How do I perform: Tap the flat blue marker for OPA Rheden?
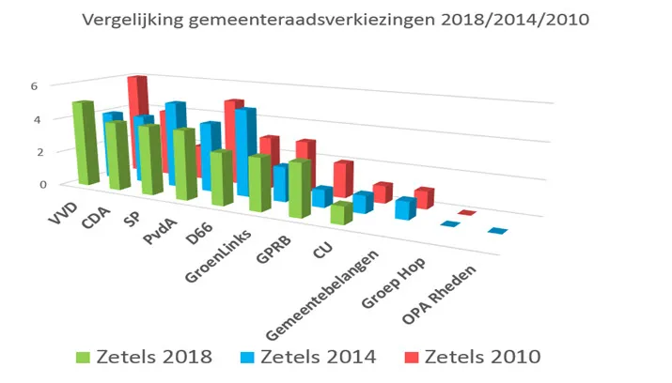[x=498, y=231]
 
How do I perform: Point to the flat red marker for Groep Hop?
[x=467, y=213]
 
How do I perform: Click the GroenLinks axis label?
[x=215, y=263]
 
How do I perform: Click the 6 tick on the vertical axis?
[x=33, y=85]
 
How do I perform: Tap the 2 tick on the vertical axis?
[x=33, y=152]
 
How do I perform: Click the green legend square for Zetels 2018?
[x=85, y=357]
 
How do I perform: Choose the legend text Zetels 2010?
[x=482, y=357]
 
